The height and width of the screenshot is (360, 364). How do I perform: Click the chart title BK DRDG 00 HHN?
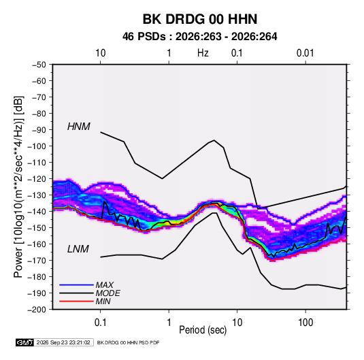pyautogui.click(x=200, y=19)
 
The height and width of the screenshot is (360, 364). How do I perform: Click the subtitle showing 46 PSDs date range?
pyautogui.click(x=200, y=37)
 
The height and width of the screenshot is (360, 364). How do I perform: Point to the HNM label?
pyautogui.click(x=79, y=127)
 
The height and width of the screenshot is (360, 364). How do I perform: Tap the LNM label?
pyautogui.click(x=78, y=249)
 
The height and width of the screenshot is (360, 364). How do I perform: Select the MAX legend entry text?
pyautogui.click(x=105, y=285)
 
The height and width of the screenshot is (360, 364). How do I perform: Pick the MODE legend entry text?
pyautogui.click(x=107, y=293)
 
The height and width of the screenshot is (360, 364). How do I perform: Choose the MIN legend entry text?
pyautogui.click(x=103, y=301)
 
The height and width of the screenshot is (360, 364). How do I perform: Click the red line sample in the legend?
pyautogui.click(x=76, y=301)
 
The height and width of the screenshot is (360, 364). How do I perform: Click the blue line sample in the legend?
pyautogui.click(x=76, y=285)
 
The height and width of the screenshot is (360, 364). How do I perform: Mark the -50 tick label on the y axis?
pyautogui.click(x=39, y=65)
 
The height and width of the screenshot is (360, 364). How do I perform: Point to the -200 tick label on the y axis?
pyautogui.click(x=37, y=310)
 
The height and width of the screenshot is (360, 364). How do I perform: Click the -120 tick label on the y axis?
pyautogui.click(x=37, y=179)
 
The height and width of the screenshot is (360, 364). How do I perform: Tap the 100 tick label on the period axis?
pyautogui.click(x=305, y=323)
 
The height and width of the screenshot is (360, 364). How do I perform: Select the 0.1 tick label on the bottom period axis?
pyautogui.click(x=100, y=323)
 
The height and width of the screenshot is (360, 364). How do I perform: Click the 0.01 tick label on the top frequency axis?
pyautogui.click(x=305, y=53)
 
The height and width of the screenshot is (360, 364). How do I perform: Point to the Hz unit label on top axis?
pyautogui.click(x=203, y=53)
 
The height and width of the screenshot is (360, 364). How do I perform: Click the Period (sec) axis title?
pyautogui.click(x=203, y=330)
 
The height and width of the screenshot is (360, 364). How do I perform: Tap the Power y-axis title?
pyautogui.click(x=18, y=186)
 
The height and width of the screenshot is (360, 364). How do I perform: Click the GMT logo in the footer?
pyautogui.click(x=25, y=342)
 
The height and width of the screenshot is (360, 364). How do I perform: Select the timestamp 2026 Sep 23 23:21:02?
pyautogui.click(x=63, y=342)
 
